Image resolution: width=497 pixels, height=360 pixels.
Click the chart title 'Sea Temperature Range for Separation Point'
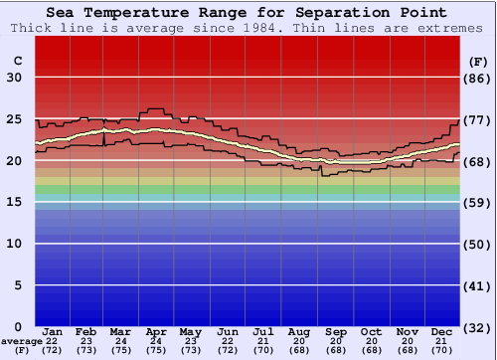click(247, 12)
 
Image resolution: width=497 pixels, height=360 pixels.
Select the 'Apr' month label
click(155, 331)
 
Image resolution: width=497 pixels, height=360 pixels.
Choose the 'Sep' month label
click(335, 331)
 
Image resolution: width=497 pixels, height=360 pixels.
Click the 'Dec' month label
click(442, 331)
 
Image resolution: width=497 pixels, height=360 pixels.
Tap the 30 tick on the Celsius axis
click(15, 78)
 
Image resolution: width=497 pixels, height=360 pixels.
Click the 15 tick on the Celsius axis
click(15, 202)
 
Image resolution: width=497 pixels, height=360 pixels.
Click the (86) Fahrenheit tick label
click(477, 78)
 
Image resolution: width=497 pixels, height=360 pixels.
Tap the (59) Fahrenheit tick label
click(477, 202)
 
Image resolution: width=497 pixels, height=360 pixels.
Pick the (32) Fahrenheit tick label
click(477, 326)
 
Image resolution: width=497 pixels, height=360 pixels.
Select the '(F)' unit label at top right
click(477, 61)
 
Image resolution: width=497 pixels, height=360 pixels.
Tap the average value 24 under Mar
click(119, 341)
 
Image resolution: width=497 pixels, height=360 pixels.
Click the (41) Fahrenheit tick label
click(477, 285)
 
